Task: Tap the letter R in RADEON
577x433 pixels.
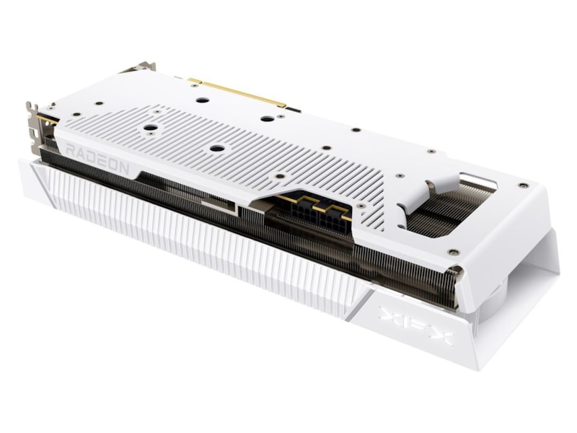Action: (x=71, y=150)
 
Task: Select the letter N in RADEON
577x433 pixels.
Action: (x=123, y=168)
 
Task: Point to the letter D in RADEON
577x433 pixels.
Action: (x=92, y=157)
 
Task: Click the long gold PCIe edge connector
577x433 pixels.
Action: (x=237, y=92)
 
